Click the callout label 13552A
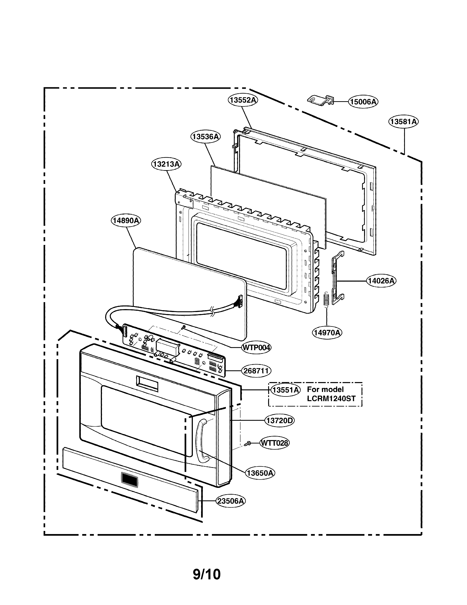point(243,100)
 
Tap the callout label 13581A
point(403,122)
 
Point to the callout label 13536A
point(205,137)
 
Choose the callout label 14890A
point(126,221)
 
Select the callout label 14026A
point(381,281)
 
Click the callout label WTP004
point(256,347)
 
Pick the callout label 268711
point(256,371)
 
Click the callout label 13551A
point(285,390)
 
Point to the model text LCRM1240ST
point(331,399)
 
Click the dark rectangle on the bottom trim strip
point(129,479)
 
